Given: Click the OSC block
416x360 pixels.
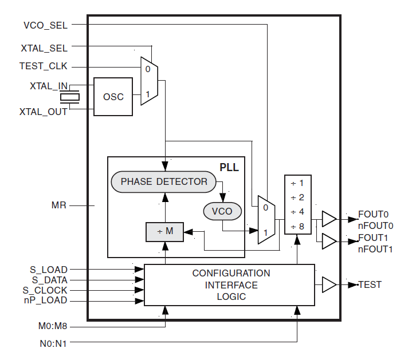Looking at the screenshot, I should tap(113, 97).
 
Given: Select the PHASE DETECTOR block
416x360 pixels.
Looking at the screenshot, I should tap(164, 181).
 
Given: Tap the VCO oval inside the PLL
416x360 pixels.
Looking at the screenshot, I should tap(222, 211).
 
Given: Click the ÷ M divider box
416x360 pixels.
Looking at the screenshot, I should tap(165, 231).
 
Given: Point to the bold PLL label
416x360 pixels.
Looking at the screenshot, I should tap(229, 168).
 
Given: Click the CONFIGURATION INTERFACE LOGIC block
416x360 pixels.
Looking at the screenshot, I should tap(230, 284).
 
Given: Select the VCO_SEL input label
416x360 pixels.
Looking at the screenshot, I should tap(45, 25).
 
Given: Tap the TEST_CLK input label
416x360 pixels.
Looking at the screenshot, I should tap(44, 66).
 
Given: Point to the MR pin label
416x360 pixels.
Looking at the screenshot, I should tap(59, 204).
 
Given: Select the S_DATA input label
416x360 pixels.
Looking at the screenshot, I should tap(49, 280).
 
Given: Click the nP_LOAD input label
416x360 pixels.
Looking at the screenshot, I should tap(45, 300).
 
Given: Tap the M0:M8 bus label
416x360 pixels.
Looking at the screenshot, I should tap(52, 326).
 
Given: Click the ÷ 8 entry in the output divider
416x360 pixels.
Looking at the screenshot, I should tap(297, 226).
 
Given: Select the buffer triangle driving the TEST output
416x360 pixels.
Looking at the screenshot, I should tap(329, 284).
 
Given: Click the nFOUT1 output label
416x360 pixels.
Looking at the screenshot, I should tap(375, 249).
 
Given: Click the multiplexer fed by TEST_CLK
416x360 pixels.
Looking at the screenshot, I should tap(149, 81).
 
